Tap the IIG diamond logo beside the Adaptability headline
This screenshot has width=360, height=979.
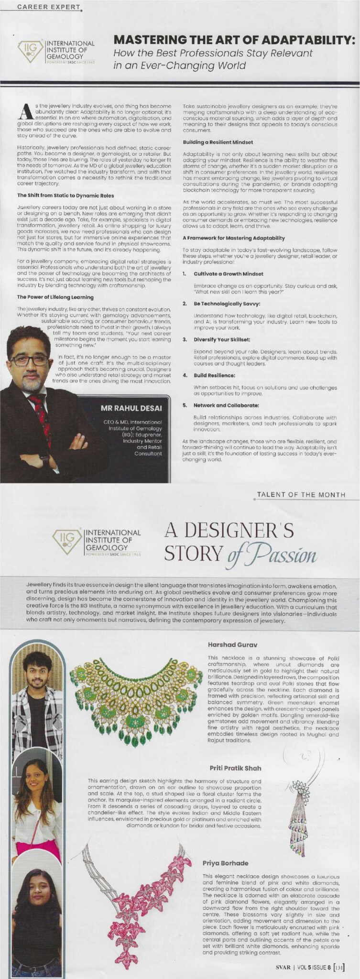pyautogui.click(x=30, y=50)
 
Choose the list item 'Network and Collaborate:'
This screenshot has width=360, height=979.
pyautogui.click(x=227, y=405)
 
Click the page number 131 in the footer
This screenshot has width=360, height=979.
pyautogui.click(x=339, y=967)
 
